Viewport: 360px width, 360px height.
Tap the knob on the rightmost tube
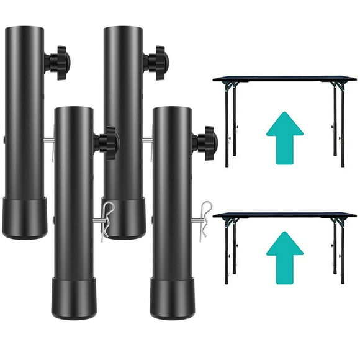coord(205,143)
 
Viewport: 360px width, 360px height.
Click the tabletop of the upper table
coord(284,79)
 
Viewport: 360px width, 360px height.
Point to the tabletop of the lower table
coord(284,215)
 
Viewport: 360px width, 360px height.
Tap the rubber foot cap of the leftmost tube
coord(25,218)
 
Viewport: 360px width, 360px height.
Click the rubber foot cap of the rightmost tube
coord(171,299)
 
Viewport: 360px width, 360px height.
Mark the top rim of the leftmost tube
coord(25,27)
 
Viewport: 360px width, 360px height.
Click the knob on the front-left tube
coord(107,142)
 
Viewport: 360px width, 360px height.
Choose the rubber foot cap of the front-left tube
coord(73,299)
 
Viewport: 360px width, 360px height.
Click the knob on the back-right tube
coord(156,61)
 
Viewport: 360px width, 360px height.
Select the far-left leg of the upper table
coord(227,124)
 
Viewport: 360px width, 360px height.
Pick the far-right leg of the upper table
coord(343,124)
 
